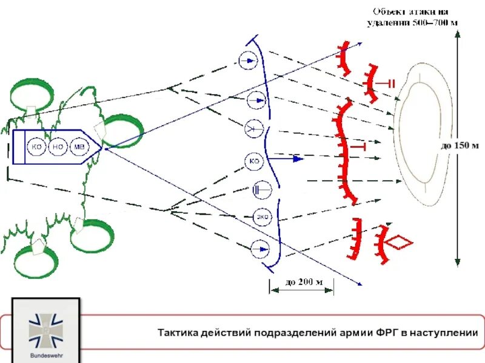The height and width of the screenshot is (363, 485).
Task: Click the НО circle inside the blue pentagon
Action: click(x=58, y=147)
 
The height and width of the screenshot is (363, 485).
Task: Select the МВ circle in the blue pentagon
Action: click(x=79, y=147)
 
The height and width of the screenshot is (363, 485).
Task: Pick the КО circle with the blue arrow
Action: click(x=255, y=161)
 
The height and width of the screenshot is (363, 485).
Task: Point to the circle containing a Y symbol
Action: click(x=253, y=129)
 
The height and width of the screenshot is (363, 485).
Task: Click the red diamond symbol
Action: click(x=400, y=243)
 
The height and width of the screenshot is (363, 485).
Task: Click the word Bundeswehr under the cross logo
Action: click(x=46, y=356)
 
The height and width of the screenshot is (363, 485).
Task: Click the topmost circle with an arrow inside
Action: click(x=248, y=60)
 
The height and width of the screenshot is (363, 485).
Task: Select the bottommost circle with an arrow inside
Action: click(x=260, y=249)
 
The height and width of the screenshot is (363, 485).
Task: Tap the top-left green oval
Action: click(x=31, y=94)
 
